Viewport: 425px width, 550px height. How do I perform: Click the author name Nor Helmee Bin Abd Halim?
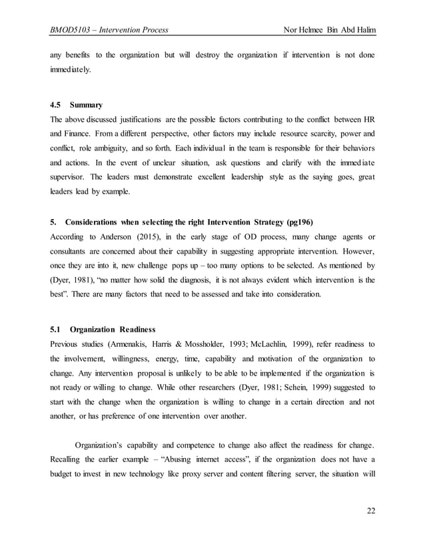329,30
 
